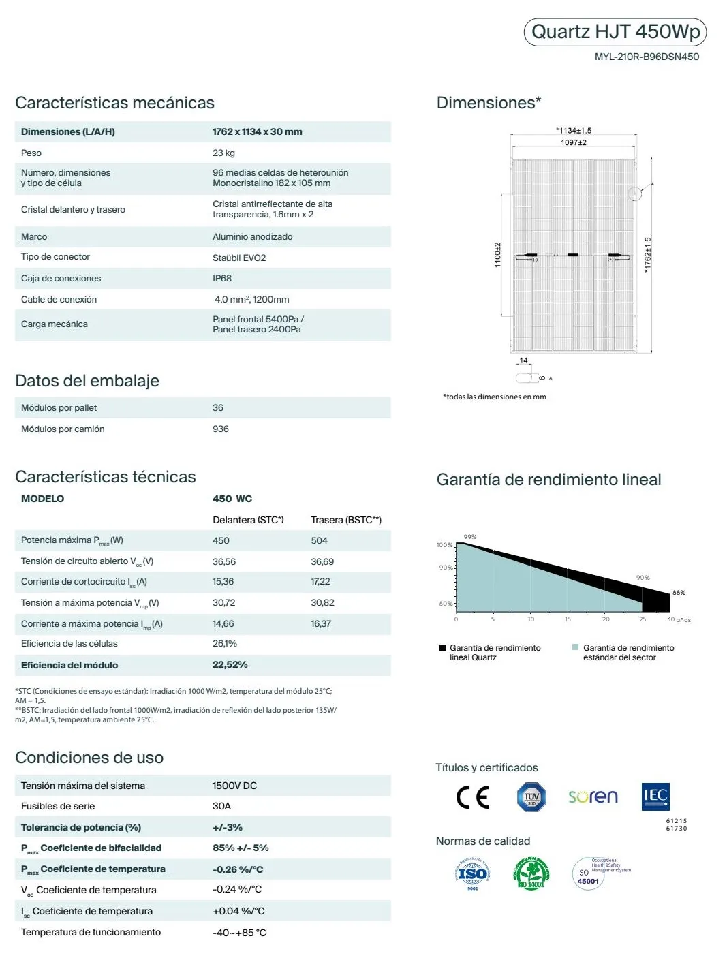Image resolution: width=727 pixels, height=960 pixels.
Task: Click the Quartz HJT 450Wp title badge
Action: coord(615,32)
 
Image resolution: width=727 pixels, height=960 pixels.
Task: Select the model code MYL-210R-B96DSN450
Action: coord(647,57)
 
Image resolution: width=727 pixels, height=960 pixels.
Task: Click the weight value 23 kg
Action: coord(223,153)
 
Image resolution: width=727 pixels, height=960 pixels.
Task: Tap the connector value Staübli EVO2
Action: coord(239,258)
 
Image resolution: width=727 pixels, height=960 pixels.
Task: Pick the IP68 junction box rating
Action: coord(222,278)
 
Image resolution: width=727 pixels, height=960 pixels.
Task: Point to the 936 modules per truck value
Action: coord(221,429)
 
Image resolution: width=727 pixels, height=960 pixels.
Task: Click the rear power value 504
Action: coord(319,540)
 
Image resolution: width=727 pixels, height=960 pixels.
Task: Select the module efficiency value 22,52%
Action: coord(230,664)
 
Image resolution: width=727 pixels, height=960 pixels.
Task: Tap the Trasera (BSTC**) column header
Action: coord(346,520)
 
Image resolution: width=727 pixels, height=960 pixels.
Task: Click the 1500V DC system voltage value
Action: coord(235,786)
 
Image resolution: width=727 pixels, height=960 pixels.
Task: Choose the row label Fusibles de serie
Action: coord(58,806)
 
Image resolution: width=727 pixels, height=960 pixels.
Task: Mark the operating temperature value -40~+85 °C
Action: coord(239,932)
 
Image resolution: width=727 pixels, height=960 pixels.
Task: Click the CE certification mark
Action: coord(473,796)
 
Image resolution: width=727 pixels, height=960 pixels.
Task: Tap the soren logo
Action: coord(593,796)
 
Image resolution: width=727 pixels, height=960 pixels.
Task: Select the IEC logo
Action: coord(655,796)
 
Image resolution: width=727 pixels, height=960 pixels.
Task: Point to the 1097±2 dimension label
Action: coord(574,142)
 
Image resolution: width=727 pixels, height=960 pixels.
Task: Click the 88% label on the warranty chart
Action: coord(679,593)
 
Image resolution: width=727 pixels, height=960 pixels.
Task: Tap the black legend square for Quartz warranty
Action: coord(443,648)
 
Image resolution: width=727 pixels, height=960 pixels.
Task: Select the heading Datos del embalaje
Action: coord(87,381)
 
